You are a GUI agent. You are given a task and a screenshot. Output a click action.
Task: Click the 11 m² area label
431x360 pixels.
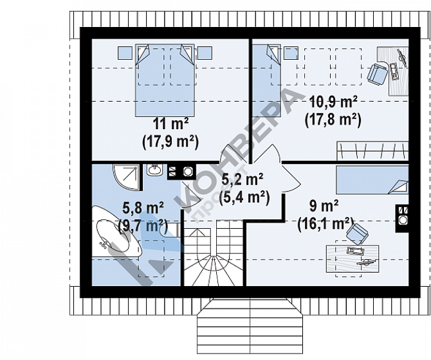point(170,124)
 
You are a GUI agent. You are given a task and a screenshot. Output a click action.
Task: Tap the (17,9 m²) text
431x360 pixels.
point(170,142)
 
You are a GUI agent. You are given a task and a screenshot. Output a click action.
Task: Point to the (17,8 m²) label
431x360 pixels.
point(333,120)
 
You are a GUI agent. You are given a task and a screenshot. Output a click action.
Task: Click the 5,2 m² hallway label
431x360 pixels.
point(243,179)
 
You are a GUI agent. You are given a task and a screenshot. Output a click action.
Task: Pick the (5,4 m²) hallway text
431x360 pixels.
point(244,198)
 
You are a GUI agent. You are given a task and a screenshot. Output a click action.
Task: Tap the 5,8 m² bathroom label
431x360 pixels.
point(143,208)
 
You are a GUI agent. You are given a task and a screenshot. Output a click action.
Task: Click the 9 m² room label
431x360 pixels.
point(324,206)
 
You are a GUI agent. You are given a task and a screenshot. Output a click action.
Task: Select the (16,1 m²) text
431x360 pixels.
point(326,224)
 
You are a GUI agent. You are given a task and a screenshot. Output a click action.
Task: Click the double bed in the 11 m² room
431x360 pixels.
point(165,80)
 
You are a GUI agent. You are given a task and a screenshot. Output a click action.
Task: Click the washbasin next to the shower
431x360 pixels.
point(154,170)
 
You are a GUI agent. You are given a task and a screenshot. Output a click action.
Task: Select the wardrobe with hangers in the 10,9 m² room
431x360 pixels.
point(372,151)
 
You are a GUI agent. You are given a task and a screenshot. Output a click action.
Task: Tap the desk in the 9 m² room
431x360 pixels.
point(353,258)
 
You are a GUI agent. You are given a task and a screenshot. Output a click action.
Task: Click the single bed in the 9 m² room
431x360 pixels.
point(372,179)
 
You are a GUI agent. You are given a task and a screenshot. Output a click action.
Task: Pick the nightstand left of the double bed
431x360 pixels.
point(125,53)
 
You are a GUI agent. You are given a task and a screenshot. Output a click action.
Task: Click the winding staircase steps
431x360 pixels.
point(214,253)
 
